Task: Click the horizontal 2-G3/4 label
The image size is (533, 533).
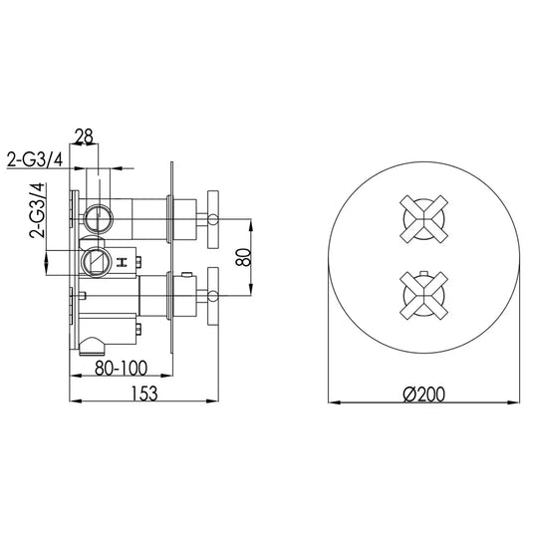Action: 38,158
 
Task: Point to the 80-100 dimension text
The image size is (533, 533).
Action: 123,366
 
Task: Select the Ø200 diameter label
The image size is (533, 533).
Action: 423,395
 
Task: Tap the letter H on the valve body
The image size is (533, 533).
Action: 121,263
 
